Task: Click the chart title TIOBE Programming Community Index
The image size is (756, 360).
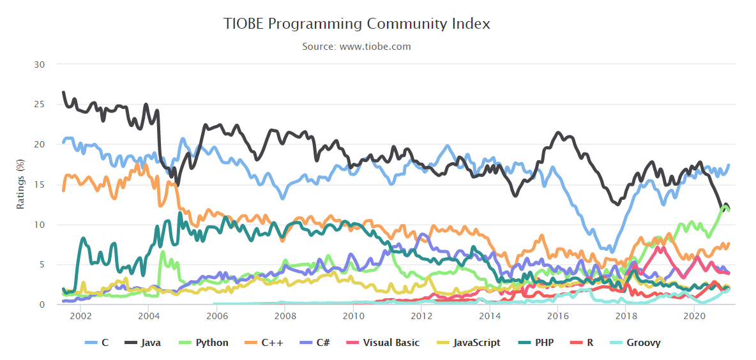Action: [356, 24]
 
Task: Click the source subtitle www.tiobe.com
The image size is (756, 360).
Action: [356, 47]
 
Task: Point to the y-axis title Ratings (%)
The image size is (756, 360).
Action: [20, 184]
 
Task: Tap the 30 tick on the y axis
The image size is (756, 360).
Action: [40, 64]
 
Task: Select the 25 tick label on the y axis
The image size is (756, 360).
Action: [40, 105]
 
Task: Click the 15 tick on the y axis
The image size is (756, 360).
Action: [40, 185]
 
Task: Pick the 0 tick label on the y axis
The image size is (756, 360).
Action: [42, 305]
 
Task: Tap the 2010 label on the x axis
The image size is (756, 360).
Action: [353, 316]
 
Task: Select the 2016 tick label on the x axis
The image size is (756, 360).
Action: [557, 316]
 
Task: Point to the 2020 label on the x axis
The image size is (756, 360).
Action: [694, 316]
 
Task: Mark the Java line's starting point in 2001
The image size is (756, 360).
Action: [63, 93]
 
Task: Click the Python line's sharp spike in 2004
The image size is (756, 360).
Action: [163, 252]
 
